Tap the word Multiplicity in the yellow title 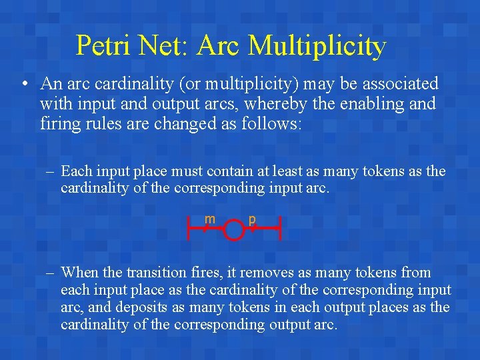coord(317,45)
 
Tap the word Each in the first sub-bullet coord(76,171)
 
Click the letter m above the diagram coord(209,219)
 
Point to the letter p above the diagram coord(252,219)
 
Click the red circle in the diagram coord(233,231)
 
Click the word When coord(79,273)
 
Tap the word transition coord(152,273)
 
